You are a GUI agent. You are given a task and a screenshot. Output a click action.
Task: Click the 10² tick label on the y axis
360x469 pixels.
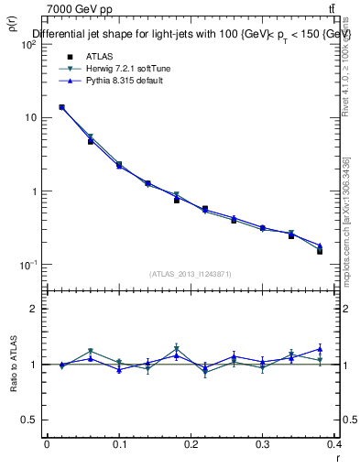coord(30,44)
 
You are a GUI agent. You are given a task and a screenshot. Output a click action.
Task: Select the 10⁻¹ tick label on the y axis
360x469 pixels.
coord(30,265)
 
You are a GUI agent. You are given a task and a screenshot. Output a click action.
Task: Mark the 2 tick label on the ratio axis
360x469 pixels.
coord(36,309)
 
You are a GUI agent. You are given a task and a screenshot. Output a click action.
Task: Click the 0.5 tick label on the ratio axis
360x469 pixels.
coord(32,420)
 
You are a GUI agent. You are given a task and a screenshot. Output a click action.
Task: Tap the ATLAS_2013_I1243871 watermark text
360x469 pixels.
coord(191,274)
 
